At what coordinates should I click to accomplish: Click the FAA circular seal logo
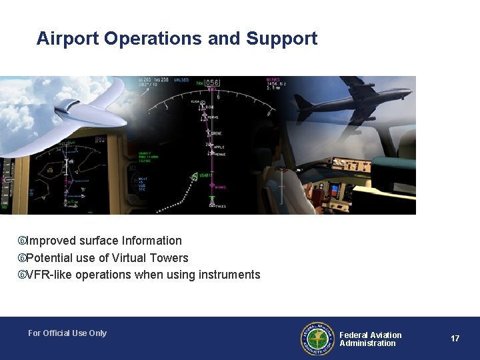click(x=317, y=339)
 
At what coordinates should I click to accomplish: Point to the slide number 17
click(x=455, y=339)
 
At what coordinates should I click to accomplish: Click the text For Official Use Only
click(x=67, y=333)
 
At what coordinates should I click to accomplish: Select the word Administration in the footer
click(x=367, y=343)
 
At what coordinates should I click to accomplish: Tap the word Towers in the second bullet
click(x=171, y=258)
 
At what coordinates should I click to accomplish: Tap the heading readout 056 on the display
click(x=212, y=83)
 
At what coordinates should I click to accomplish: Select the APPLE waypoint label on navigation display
click(x=219, y=147)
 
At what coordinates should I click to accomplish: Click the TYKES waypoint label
click(x=219, y=206)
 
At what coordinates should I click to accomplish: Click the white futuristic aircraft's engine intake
click(x=68, y=107)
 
